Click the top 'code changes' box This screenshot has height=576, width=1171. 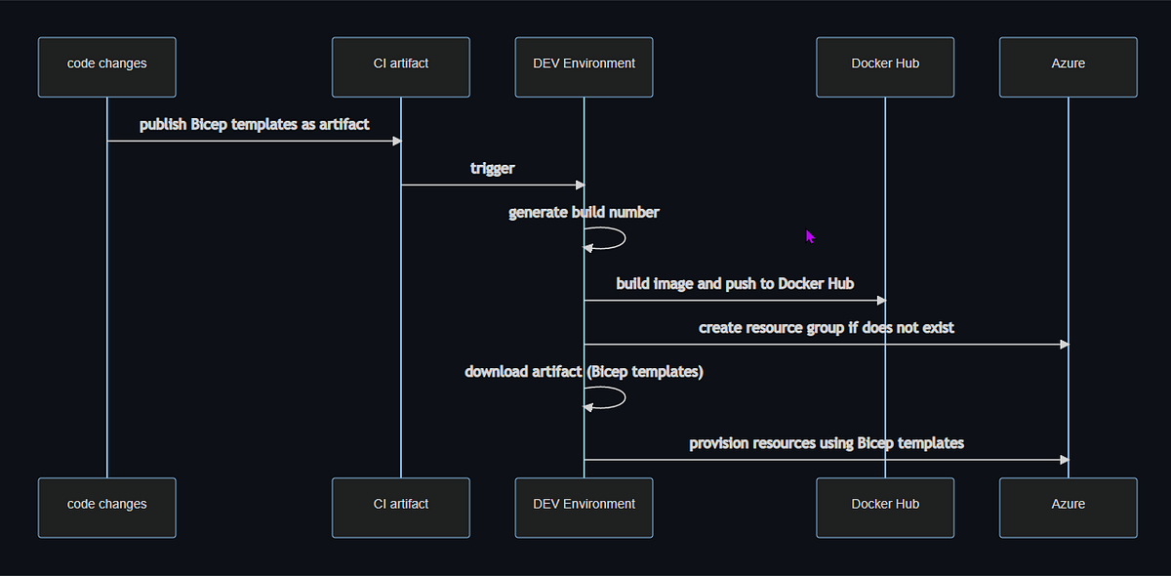point(107,67)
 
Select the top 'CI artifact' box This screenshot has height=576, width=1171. point(401,67)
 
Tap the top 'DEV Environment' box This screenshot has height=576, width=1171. point(584,67)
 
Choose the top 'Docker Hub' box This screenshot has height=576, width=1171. point(885,67)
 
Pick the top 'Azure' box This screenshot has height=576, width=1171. point(1068,67)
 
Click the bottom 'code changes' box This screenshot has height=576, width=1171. point(107,508)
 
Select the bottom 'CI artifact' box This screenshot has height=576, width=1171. point(401,508)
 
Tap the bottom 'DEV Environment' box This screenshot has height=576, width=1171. point(584,508)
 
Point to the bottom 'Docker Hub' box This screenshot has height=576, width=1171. point(885,508)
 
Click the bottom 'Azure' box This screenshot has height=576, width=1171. point(1068,508)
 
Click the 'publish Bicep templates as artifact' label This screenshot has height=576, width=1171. point(254,125)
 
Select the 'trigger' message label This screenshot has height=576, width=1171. point(492,169)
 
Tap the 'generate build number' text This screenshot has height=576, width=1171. point(584,213)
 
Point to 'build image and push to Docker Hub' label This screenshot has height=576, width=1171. point(735,284)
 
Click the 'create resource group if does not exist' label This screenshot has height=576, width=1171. point(826,328)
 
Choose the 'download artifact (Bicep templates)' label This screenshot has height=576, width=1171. point(584,372)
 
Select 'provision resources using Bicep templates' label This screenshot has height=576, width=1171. point(826,443)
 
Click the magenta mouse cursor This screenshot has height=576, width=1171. point(810,236)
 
